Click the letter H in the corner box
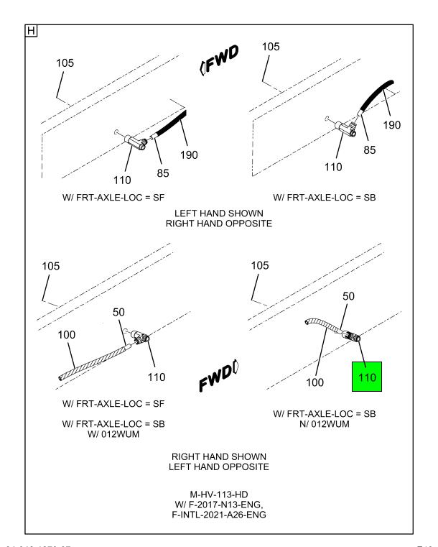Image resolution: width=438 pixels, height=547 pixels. pyautogui.click(x=32, y=33)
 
